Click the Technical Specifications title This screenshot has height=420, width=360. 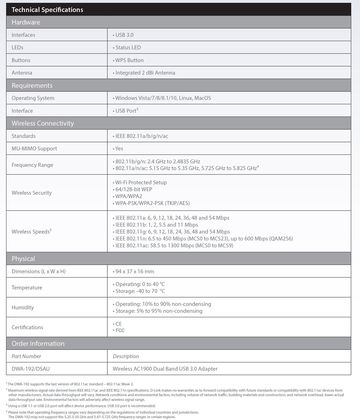(47, 10)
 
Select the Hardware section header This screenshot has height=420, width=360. (26, 22)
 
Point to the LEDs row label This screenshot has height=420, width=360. (17, 47)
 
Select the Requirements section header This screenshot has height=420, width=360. (32, 86)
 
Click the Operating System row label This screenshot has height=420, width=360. (33, 98)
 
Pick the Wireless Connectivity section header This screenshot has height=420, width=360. (43, 123)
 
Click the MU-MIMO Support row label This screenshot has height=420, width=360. (34, 149)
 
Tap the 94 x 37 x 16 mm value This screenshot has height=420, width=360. (135, 271)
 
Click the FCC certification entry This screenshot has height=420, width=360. (120, 331)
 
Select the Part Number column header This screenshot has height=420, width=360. (26, 356)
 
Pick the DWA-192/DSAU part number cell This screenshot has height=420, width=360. (31, 369)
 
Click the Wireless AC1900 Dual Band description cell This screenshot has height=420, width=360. (165, 369)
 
